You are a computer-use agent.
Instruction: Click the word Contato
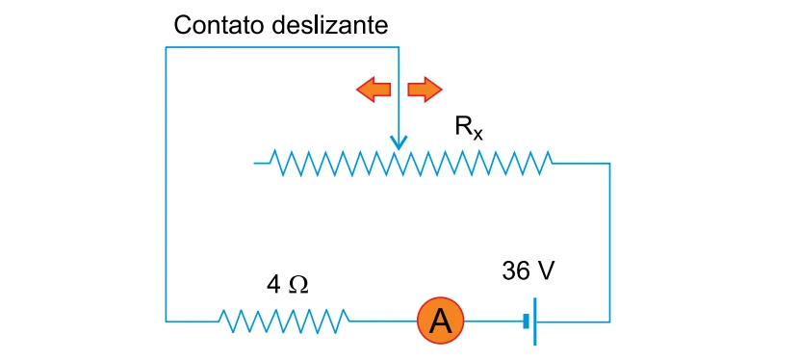point(219,25)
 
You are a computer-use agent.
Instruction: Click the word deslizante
point(329,25)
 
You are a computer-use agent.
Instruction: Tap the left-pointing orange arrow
point(373,90)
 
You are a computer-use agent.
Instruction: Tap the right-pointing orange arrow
point(425,90)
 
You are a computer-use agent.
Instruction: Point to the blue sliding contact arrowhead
point(399,142)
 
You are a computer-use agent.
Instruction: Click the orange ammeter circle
point(441,321)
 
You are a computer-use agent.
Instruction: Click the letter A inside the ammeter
point(441,321)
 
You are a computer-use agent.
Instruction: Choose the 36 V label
point(528,271)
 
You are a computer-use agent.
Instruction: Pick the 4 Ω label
point(288,286)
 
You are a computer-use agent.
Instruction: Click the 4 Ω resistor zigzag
point(284,321)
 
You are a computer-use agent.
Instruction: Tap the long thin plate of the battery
point(535,321)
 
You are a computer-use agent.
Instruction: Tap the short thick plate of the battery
point(526,321)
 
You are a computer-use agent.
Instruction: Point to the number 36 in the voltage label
point(515,271)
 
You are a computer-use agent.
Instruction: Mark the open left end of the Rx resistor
point(254,163)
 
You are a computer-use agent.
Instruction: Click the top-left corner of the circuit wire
point(167,48)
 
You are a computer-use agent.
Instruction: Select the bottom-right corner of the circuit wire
point(609,321)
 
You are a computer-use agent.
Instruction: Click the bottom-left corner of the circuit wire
point(167,321)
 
